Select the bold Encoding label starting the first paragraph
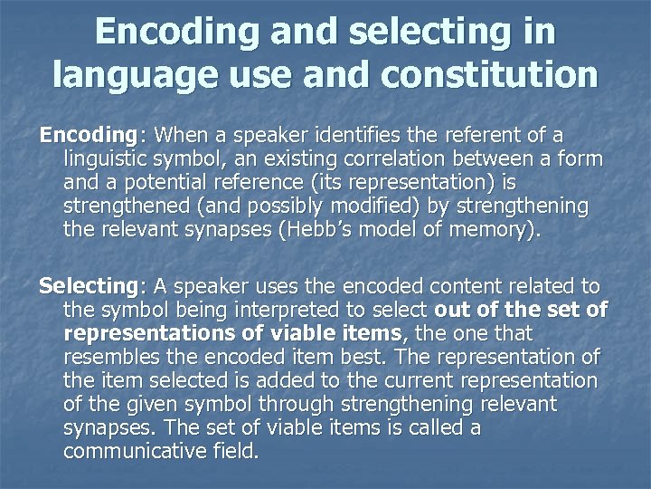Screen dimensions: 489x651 coord(86,135)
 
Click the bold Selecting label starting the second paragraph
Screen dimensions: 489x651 coord(87,287)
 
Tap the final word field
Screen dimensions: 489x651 coord(231,450)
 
